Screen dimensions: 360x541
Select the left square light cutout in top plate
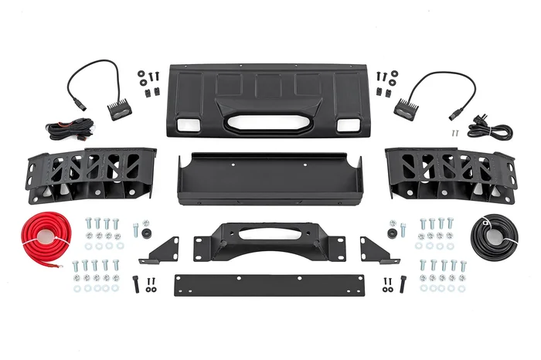pyautogui.click(x=186, y=124)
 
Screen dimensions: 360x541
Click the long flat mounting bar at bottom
pyautogui.click(x=268, y=284)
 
